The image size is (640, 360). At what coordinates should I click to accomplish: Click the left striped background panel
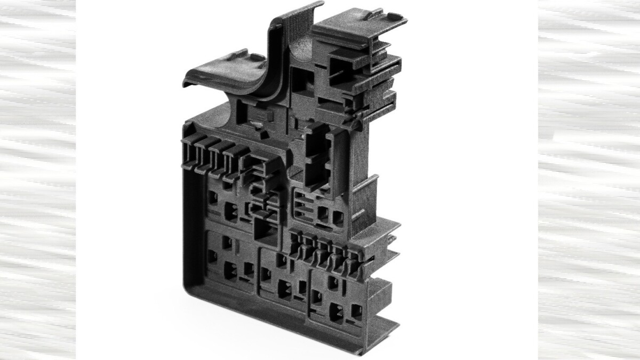[x=37, y=180]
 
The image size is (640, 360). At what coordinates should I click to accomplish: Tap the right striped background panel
[x=589, y=180]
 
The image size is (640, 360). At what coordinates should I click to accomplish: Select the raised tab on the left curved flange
[x=240, y=55]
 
